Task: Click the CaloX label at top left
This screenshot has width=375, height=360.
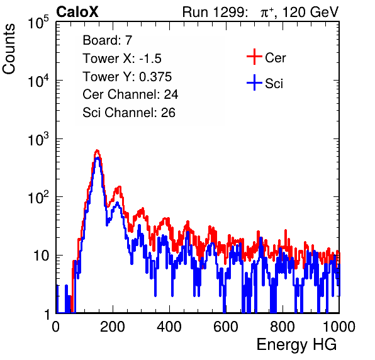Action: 77,12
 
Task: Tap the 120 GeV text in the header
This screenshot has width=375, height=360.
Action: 310,12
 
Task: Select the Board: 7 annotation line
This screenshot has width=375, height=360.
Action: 108,40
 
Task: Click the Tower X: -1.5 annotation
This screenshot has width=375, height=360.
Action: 122,59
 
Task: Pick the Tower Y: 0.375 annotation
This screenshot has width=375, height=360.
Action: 127,77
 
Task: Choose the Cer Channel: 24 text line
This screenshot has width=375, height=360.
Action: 130,94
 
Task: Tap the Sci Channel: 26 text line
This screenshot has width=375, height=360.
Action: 129,113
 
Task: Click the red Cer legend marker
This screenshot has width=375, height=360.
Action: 254,57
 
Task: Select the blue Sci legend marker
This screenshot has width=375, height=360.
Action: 254,82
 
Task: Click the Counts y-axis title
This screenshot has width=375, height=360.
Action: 9,49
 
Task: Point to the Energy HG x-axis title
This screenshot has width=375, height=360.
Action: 296,345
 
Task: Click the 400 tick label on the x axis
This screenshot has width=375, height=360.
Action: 169,327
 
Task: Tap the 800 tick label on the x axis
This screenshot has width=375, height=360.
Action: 283,327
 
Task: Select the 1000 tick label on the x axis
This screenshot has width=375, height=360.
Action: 339,327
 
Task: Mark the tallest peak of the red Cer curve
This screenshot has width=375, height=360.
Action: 97,150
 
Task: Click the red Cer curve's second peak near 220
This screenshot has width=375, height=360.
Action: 119,187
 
